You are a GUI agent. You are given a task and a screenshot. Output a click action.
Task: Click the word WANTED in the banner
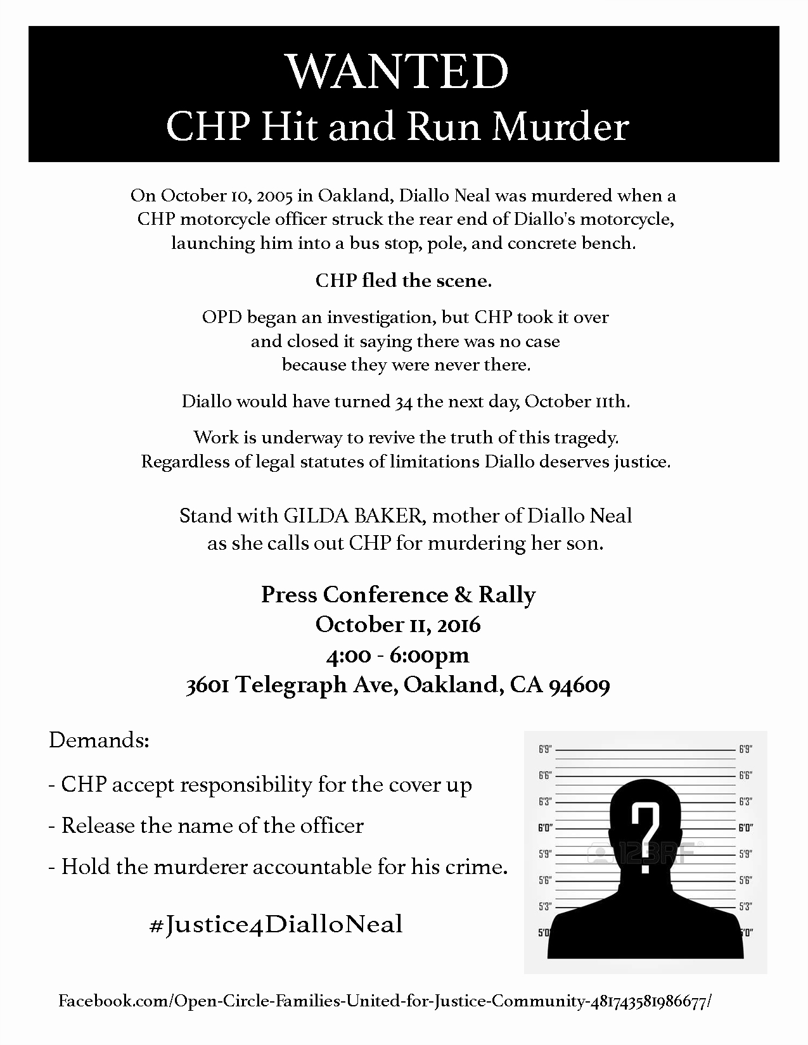click(x=398, y=71)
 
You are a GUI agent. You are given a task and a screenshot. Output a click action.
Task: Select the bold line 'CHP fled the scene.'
click(x=404, y=281)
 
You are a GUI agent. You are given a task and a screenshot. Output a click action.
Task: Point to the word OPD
click(x=222, y=317)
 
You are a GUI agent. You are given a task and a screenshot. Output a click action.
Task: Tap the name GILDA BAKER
click(x=352, y=516)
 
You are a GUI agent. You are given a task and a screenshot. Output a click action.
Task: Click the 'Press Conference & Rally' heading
click(x=398, y=595)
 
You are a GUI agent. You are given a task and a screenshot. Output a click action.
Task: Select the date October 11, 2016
click(x=398, y=624)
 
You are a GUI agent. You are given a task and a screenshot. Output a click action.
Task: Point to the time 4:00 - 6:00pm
click(x=398, y=655)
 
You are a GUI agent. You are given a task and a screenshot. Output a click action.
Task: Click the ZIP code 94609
click(x=579, y=685)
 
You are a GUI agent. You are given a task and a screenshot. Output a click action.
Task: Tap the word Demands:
click(x=99, y=740)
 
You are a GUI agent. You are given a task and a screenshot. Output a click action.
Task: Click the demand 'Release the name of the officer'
click(x=212, y=826)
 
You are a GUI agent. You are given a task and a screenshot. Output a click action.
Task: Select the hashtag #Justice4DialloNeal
click(x=276, y=925)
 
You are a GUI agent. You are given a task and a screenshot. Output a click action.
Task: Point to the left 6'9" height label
click(x=545, y=750)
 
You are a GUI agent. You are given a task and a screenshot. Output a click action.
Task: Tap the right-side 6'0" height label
click(x=745, y=827)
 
